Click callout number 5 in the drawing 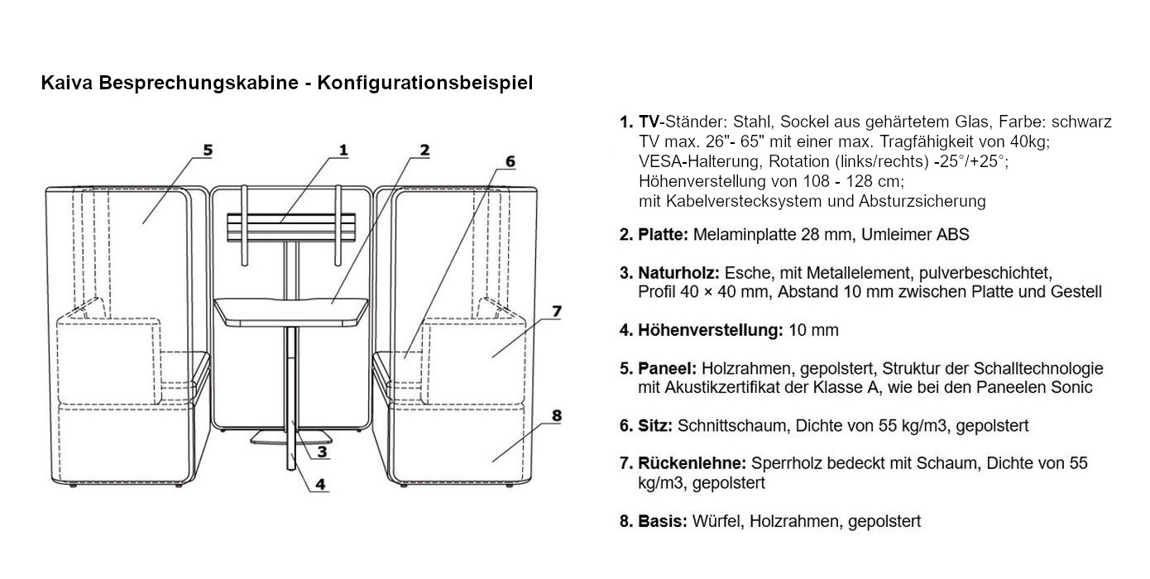(208, 150)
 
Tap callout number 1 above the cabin (342, 150)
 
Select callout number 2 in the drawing (424, 150)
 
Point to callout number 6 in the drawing (510, 161)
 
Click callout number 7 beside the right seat (557, 311)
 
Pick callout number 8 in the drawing (556, 415)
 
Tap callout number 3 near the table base (322, 452)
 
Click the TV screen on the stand (290, 227)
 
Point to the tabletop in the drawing (290, 310)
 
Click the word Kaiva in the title (64, 83)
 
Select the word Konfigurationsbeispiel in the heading (425, 83)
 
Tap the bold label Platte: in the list (663, 235)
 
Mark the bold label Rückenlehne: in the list (692, 464)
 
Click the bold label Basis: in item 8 (663, 522)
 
